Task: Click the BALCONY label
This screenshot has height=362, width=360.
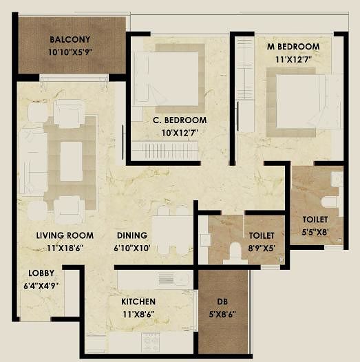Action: click(70, 39)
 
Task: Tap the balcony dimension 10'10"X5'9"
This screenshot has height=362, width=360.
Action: click(70, 52)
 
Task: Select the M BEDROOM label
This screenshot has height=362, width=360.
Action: click(293, 47)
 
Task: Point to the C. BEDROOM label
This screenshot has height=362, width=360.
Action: click(180, 120)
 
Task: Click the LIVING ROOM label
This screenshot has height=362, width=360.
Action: click(65, 235)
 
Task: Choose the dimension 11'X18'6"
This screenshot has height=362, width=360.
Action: click(65, 248)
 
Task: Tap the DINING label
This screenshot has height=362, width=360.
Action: click(132, 235)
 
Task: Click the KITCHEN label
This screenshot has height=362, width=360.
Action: click(138, 301)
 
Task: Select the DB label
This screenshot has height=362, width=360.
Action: click(222, 301)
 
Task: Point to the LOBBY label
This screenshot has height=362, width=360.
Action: click(41, 273)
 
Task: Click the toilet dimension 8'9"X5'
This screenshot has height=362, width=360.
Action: click(262, 248)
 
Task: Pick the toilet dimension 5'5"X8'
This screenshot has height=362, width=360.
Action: click(315, 232)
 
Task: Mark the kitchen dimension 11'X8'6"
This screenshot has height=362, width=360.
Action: click(138, 315)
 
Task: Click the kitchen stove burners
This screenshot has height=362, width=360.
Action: click(151, 342)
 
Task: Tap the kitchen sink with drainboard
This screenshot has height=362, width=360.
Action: click(174, 279)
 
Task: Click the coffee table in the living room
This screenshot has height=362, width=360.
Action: click(71, 161)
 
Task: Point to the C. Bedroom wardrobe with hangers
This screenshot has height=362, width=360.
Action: click(165, 151)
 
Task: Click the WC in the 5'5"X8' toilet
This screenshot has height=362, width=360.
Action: click(330, 202)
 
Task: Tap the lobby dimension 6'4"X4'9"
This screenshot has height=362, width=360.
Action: click(41, 286)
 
